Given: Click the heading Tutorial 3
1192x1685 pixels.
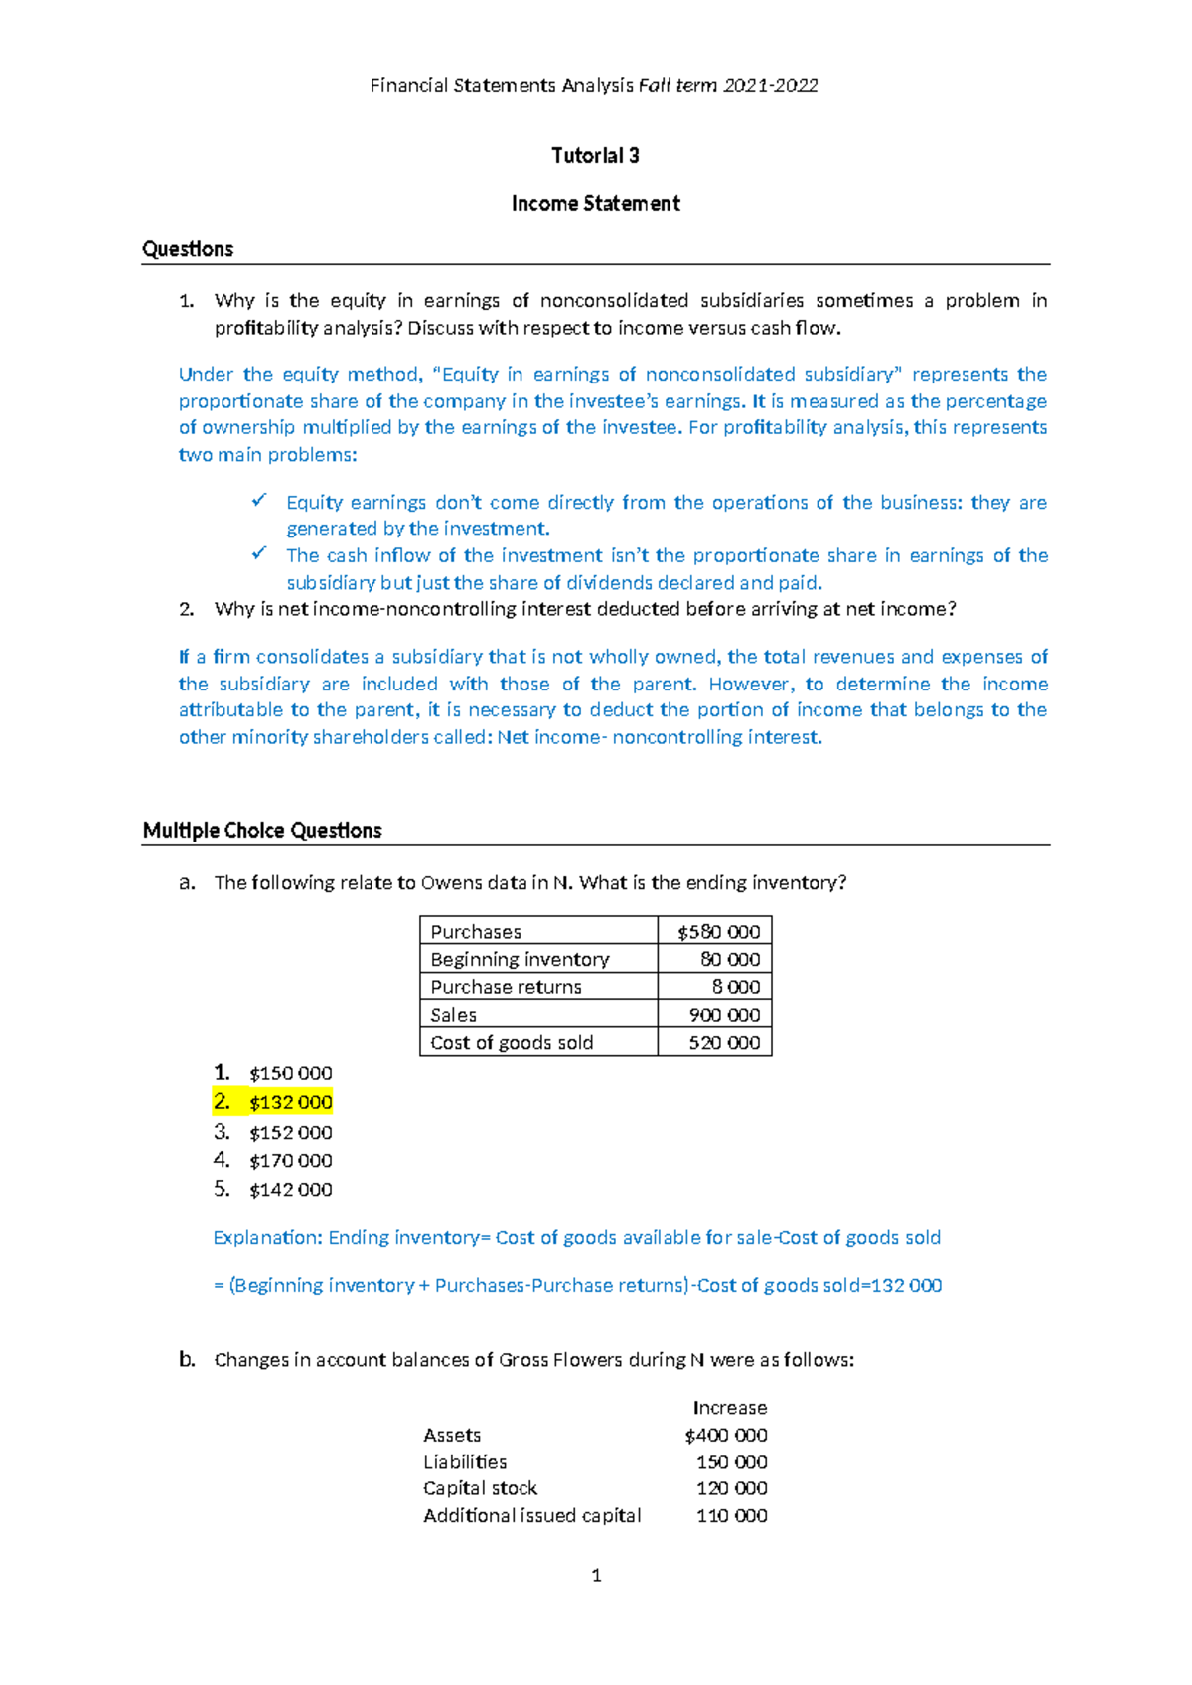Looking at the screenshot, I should (595, 156).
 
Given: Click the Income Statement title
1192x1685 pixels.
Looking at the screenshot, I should (595, 204).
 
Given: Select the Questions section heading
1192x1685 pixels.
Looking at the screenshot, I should (188, 249).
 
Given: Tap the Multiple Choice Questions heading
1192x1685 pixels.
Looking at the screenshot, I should (262, 831).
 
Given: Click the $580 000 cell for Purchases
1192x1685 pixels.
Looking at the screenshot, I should (718, 932).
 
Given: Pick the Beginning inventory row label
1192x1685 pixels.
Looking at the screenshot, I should (520, 960).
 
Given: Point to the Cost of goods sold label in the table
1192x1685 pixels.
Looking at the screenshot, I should (512, 1043).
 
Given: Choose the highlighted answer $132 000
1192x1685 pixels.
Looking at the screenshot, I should (290, 1102).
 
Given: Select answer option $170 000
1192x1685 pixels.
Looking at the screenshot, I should (290, 1160).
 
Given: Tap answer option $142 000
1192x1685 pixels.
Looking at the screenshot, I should (290, 1190).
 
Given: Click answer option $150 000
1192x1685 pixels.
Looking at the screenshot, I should (290, 1073).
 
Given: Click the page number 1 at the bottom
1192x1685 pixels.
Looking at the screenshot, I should (596, 1575).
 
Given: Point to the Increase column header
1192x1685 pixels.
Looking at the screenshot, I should (729, 1408).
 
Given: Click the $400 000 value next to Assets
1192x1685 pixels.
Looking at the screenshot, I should (725, 1436).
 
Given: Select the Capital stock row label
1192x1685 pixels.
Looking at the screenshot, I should (480, 1488).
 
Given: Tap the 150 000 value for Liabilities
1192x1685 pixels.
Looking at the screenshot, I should (731, 1462).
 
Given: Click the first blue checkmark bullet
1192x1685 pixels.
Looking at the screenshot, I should (259, 500).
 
